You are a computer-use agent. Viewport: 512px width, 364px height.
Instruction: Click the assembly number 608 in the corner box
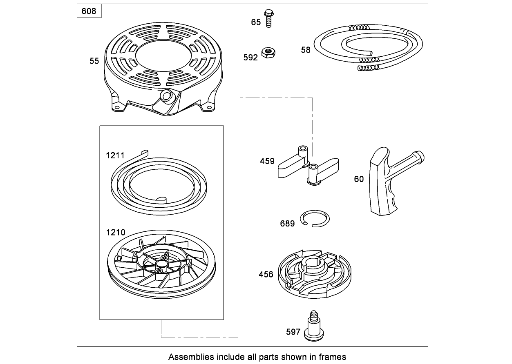click(x=89, y=11)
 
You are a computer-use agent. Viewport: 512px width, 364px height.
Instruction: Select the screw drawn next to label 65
click(x=268, y=18)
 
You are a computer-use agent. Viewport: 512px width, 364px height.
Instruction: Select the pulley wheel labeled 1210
click(x=161, y=265)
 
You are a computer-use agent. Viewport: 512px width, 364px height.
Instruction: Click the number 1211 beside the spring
click(x=115, y=155)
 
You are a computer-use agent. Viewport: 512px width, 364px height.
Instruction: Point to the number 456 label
click(x=266, y=274)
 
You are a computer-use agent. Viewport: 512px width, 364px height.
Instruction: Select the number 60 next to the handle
click(x=359, y=179)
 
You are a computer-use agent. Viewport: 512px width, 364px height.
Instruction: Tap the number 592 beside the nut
click(x=250, y=58)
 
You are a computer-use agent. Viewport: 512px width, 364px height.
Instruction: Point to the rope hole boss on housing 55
click(x=166, y=96)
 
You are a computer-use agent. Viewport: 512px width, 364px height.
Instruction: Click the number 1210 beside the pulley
click(x=116, y=233)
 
